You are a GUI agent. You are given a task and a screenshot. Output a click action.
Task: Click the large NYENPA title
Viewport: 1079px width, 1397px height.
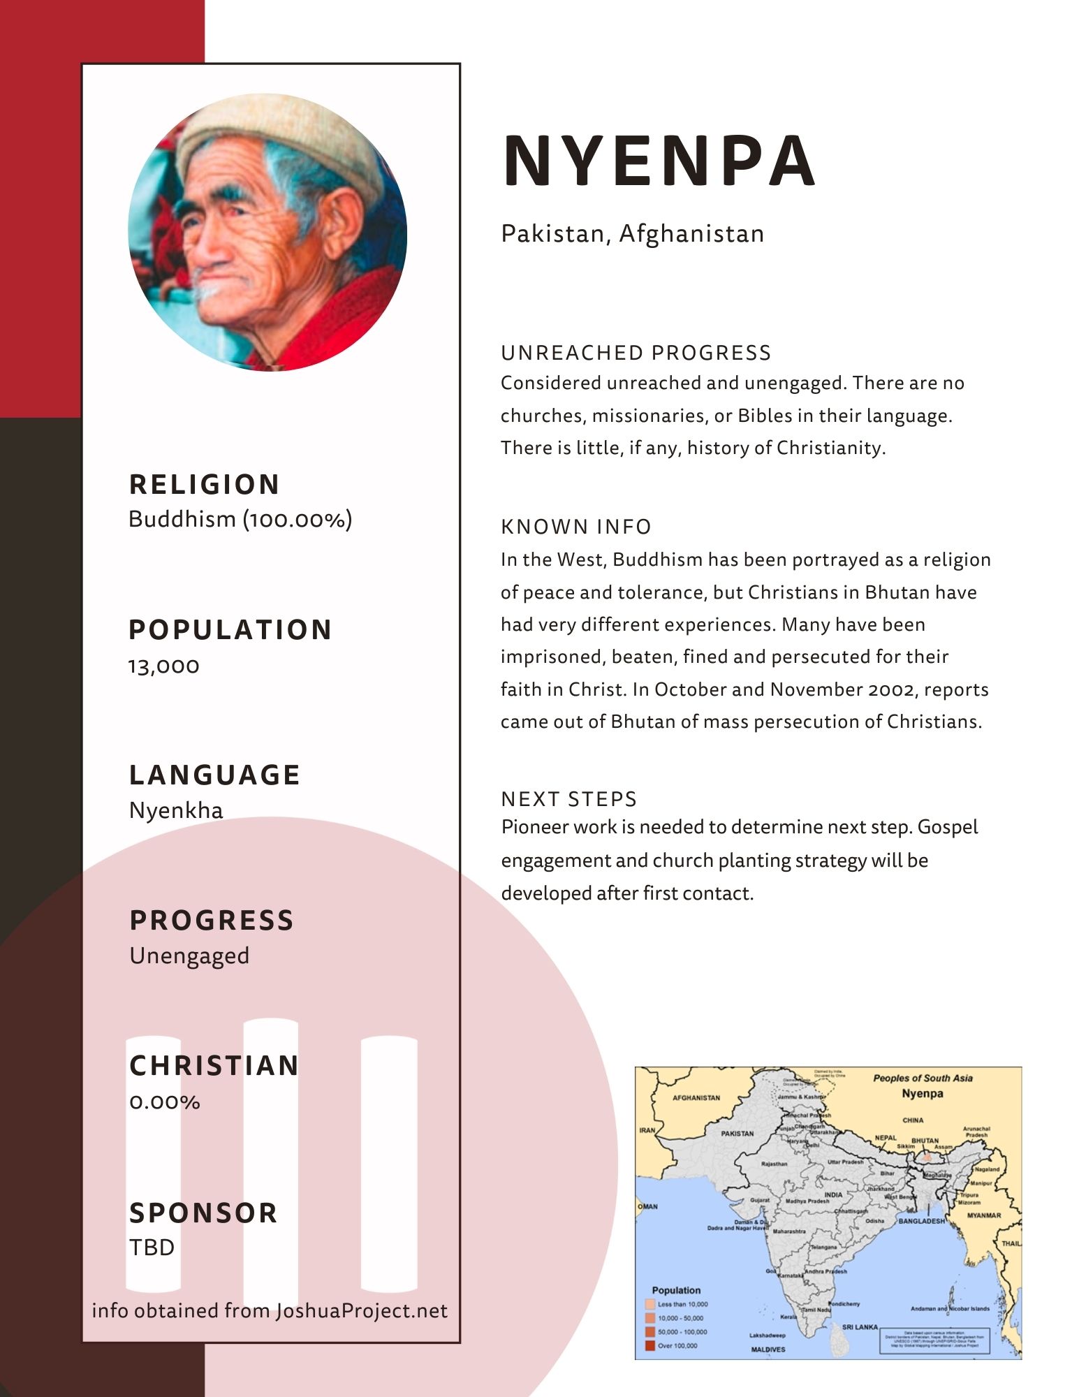click(659, 161)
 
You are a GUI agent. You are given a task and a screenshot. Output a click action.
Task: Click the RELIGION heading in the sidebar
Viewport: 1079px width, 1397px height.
click(204, 485)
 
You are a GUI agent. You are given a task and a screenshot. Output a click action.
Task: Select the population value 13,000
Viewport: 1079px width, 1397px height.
click(164, 666)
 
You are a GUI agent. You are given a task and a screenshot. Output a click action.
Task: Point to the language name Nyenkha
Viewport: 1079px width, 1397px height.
click(176, 811)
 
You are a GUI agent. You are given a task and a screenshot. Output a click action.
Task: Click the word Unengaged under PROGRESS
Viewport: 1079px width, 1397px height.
click(189, 956)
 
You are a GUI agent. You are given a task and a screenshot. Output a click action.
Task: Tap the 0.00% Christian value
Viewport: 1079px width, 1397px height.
click(165, 1102)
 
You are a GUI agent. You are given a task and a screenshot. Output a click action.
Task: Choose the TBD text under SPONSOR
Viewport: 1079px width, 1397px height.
click(152, 1248)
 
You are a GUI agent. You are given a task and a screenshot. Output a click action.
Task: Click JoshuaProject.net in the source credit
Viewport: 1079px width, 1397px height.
click(362, 1311)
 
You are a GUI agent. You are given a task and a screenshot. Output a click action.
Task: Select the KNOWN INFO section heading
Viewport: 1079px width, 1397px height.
click(576, 527)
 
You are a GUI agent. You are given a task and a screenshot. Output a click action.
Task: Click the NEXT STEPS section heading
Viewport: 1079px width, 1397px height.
click(569, 799)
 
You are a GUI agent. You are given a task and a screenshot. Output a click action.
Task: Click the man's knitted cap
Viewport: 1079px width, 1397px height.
click(279, 140)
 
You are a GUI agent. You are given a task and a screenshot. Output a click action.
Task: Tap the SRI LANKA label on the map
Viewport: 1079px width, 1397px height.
click(860, 1327)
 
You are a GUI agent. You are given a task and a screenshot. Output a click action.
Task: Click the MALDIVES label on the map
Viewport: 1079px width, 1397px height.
click(768, 1350)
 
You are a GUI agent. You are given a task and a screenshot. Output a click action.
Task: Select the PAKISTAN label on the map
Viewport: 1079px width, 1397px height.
click(737, 1134)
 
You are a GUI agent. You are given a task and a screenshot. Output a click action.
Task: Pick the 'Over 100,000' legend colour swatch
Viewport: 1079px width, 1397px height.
click(650, 1345)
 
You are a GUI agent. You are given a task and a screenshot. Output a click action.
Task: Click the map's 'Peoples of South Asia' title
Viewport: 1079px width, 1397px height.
click(923, 1078)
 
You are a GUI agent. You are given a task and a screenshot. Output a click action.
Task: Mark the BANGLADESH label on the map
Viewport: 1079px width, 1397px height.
click(921, 1221)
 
